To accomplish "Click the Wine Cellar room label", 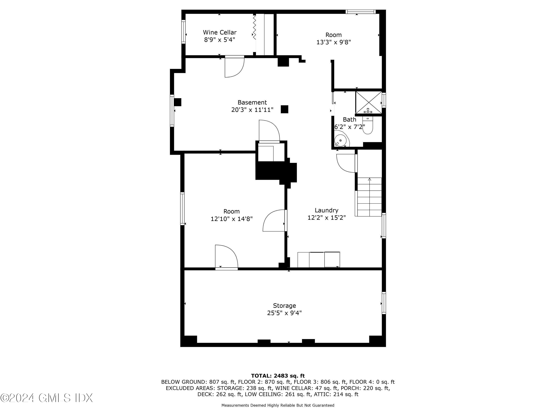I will (x=219, y=32).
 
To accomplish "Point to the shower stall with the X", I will (x=368, y=102).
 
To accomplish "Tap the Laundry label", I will (x=326, y=210).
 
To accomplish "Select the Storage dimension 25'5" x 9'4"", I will (x=284, y=313).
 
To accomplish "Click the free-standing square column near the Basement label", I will (x=284, y=109).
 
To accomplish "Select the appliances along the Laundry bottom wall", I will (x=318, y=259).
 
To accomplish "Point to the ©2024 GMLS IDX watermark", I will (x=47, y=398).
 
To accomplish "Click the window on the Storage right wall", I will (x=384, y=303).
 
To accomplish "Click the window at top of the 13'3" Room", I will (x=360, y=11).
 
